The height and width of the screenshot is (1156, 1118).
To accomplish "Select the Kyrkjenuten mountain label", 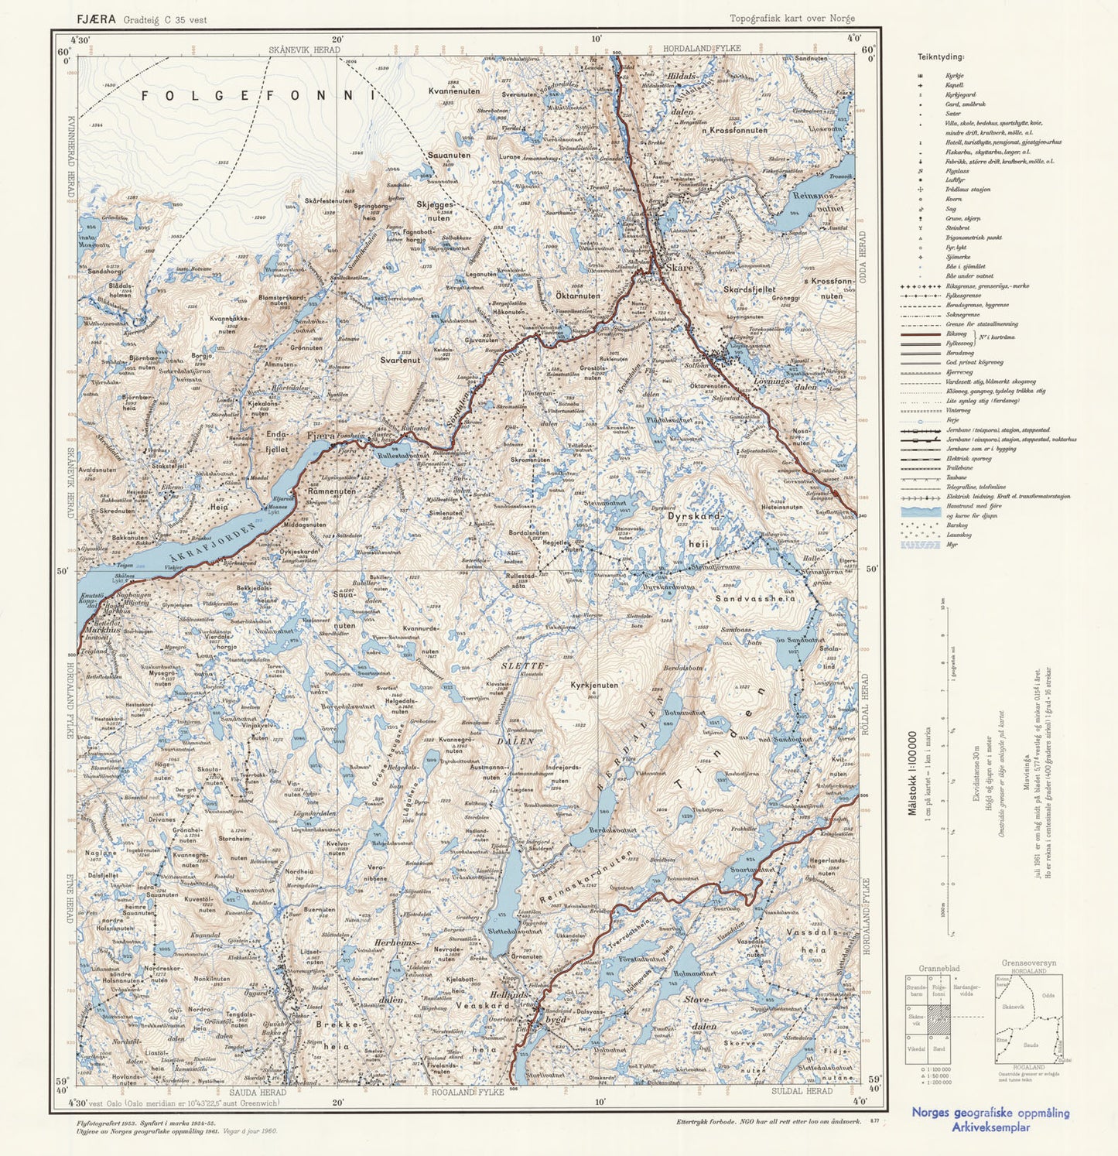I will pyautogui.click(x=594, y=685).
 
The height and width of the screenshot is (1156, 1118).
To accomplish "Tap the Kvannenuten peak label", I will pyautogui.click(x=454, y=91).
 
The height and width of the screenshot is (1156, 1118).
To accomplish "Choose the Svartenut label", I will pyautogui.click(x=400, y=360).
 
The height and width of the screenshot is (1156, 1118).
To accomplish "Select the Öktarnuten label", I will pyautogui.click(x=577, y=296).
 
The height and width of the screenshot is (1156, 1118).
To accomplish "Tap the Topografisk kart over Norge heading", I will pyautogui.click(x=791, y=19).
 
